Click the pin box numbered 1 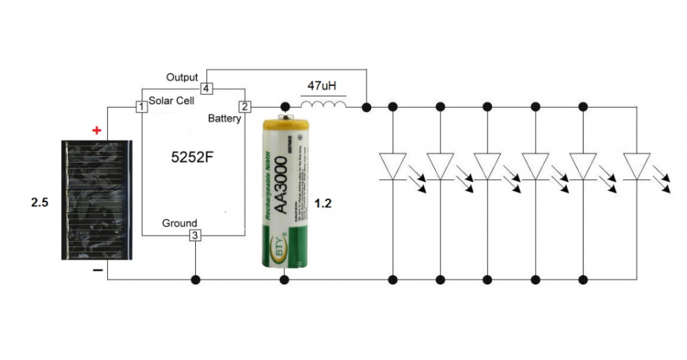point(141,106)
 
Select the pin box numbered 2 point(245,106)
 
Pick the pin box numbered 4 point(206,89)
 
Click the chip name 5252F point(192,157)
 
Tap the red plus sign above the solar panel point(97,130)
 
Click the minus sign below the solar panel point(98,271)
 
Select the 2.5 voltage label point(41,204)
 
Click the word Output point(182,78)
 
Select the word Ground point(179,223)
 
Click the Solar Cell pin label point(171,100)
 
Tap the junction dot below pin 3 point(196,280)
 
